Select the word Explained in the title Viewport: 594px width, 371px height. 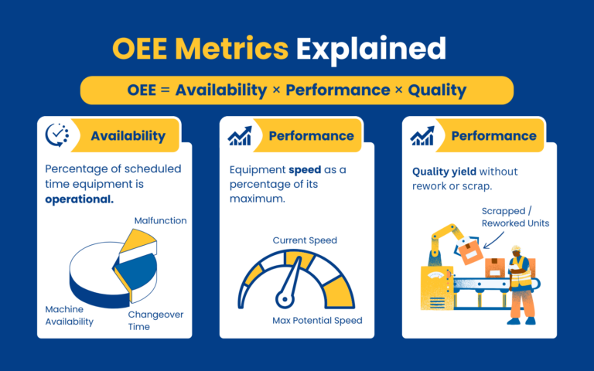pos(371,48)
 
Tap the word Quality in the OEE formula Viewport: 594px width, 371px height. pos(437,90)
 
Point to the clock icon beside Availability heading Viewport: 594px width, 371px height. pos(57,135)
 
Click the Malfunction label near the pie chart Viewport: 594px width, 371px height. pos(160,220)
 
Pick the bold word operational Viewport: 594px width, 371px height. pos(79,199)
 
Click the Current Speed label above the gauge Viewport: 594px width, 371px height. pos(305,240)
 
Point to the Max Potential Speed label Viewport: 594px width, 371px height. pos(317,320)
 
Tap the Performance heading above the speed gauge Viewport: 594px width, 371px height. pos(311,136)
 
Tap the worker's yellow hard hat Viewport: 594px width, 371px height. pos(516,249)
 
